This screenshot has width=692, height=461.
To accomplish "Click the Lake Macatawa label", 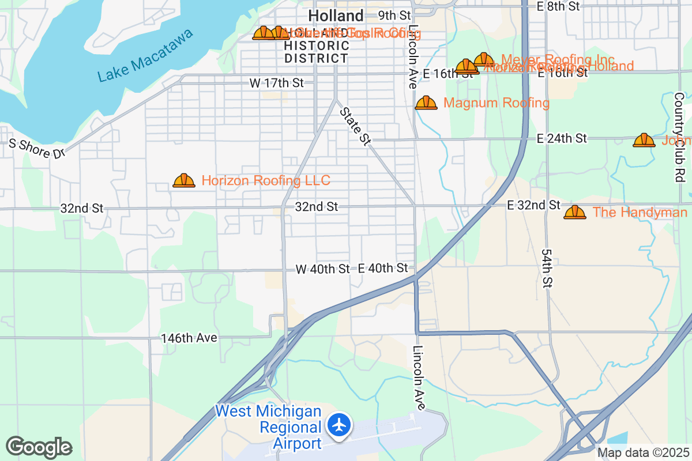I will coord(145,56).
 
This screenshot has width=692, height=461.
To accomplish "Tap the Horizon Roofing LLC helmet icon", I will coord(184,181).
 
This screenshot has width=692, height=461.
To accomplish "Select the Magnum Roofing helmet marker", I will coord(426,103).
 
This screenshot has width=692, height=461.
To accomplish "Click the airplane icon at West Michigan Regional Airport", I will coord(340,425).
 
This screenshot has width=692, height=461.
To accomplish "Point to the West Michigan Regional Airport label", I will coord(269,427).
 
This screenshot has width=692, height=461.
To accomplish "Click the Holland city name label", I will coord(336,16).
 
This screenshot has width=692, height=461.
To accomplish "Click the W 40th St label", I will coord(322,269).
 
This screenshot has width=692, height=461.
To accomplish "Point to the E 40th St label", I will coord(383,268).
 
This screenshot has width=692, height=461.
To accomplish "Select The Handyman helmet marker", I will coord(575,213).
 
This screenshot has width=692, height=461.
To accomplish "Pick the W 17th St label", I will coord(276,83).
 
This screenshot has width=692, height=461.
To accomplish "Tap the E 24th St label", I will coord(561,138).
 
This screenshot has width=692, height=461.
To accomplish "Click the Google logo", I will coord(39,447).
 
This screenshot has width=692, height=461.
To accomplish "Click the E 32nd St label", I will coord(533,205).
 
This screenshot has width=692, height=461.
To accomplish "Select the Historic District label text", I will coord(317,52).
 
